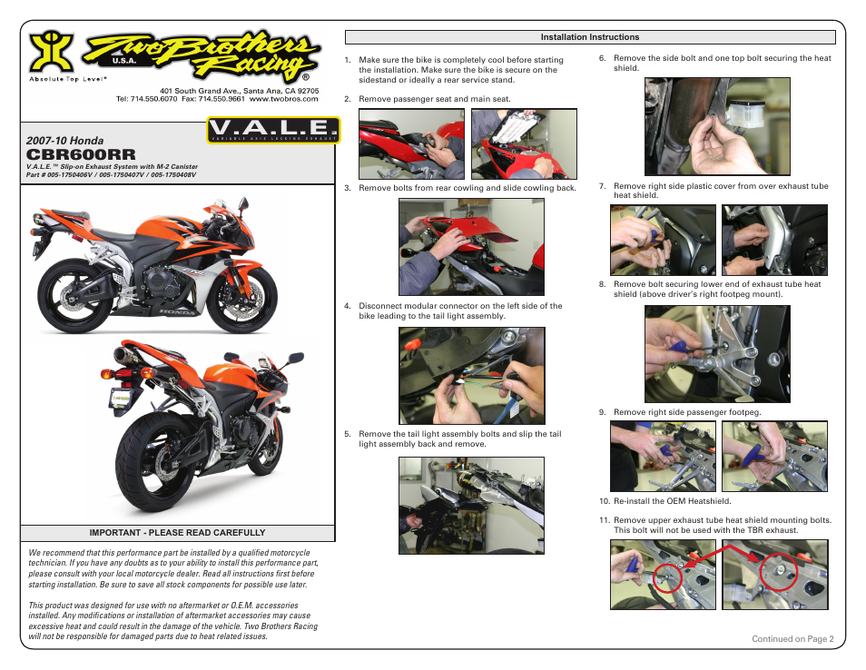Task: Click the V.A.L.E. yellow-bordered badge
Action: [x=272, y=132]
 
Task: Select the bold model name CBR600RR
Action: [x=82, y=155]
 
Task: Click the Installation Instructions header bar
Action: [x=590, y=37]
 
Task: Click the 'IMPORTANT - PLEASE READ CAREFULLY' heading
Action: [x=177, y=533]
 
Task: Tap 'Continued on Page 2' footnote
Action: [x=792, y=639]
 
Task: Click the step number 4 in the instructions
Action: [x=348, y=307]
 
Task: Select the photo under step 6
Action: [x=717, y=126]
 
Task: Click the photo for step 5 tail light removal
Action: [x=471, y=505]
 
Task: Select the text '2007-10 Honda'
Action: [x=65, y=141]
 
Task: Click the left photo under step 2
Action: [x=411, y=143]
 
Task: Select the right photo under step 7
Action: [x=774, y=240]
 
